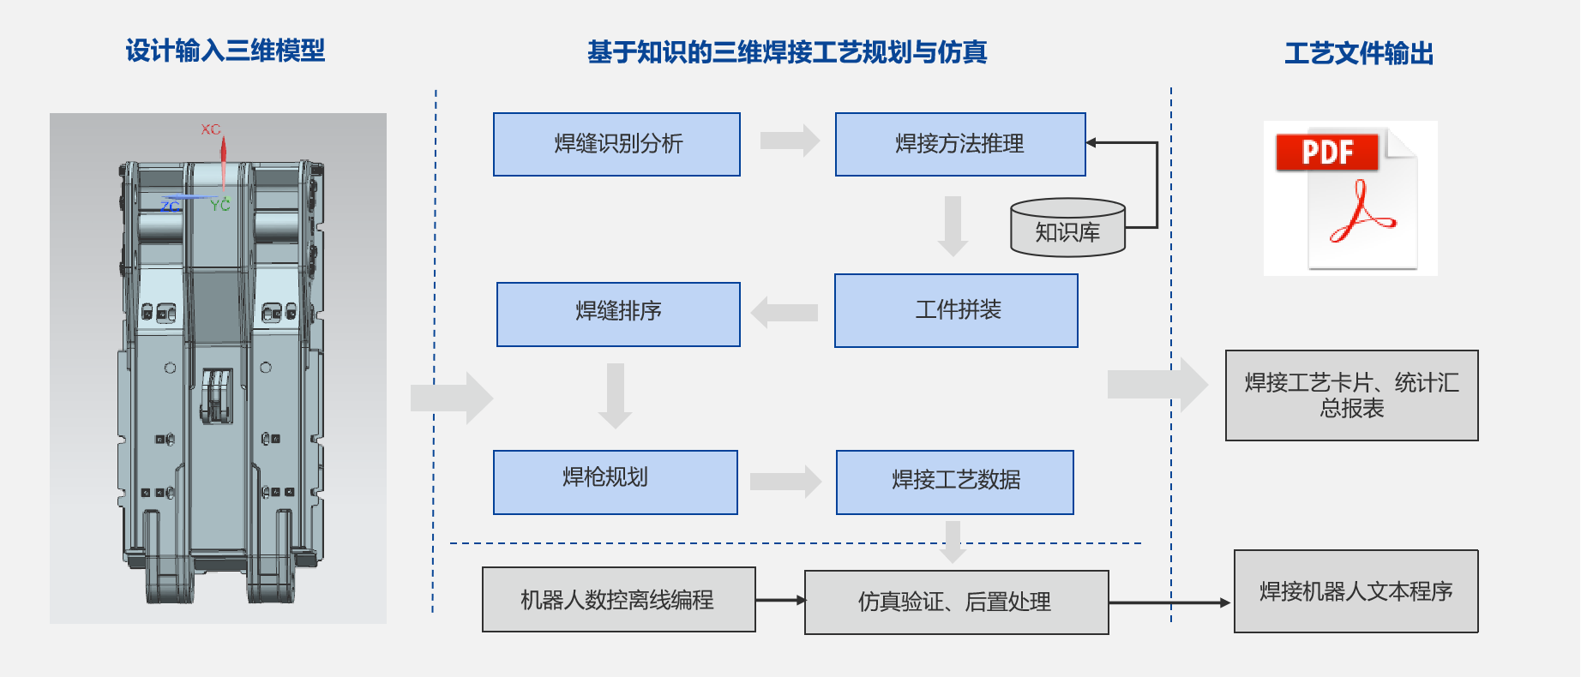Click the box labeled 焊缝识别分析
point(616,144)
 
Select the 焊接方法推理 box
point(960,144)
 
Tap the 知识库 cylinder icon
point(1067,229)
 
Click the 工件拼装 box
point(956,310)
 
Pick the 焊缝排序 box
point(618,314)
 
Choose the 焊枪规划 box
point(615,482)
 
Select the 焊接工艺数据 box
point(954,482)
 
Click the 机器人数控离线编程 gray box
point(618,599)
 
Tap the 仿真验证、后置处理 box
point(956,602)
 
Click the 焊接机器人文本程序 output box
point(1356,591)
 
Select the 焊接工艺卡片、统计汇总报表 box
point(1351,395)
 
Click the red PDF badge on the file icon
point(1326,153)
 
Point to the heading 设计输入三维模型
point(225,51)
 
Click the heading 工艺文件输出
point(1359,53)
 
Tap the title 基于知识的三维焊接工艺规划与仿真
point(787,52)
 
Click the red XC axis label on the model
point(211,129)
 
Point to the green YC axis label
point(220,204)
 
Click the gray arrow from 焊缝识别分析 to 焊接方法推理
point(789,141)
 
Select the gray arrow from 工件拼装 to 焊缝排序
point(784,313)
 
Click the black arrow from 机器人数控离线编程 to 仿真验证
point(780,600)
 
